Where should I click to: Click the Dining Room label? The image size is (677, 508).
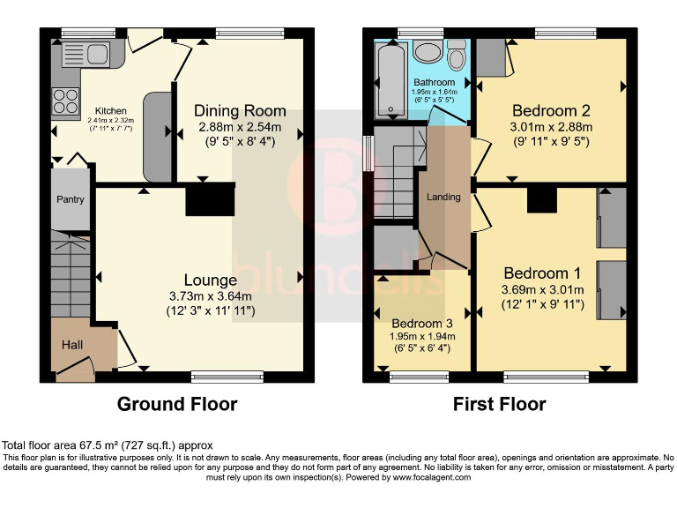(x=240, y=110)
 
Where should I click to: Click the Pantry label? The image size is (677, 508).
(x=71, y=199)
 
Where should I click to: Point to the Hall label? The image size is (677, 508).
(x=72, y=344)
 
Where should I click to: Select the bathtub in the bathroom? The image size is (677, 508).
(x=389, y=79)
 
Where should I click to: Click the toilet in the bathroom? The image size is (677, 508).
(x=456, y=57)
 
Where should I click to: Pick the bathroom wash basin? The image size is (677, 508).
(x=428, y=51)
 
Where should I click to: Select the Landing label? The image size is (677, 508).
(x=443, y=197)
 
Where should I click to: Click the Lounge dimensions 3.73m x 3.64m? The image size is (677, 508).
(x=210, y=296)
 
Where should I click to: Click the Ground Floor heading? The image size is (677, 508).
(x=177, y=405)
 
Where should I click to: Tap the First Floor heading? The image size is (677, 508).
(x=499, y=405)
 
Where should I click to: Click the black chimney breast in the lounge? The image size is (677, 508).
(x=210, y=199)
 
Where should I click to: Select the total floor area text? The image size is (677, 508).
(x=108, y=445)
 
